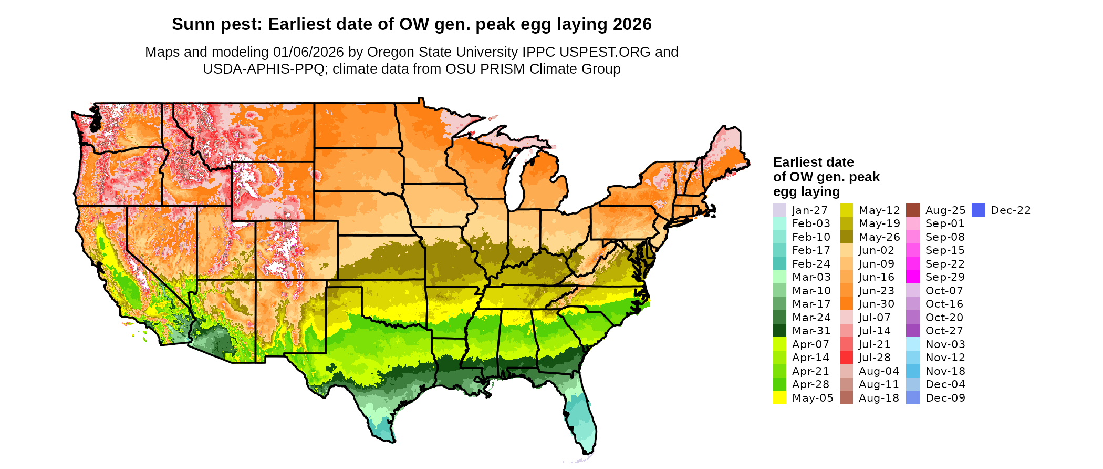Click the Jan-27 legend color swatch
pyautogui.click(x=779, y=210)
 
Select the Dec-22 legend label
pyautogui.click(x=1011, y=210)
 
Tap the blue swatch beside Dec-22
pyautogui.click(x=979, y=210)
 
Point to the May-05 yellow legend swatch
pyautogui.click(x=779, y=398)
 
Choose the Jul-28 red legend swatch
pyautogui.click(x=846, y=358)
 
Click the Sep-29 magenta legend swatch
pyautogui.click(x=913, y=277)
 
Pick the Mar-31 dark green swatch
pyautogui.click(x=779, y=331)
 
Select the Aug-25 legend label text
pyautogui.click(x=945, y=210)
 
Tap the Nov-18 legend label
pyautogui.click(x=945, y=371)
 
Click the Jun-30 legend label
pyautogui.click(x=877, y=304)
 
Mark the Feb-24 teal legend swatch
pyautogui.click(x=779, y=264)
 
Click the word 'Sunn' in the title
pyautogui.click(x=191, y=24)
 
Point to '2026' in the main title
pyautogui.click(x=634, y=24)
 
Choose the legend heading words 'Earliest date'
pyautogui.click(x=813, y=162)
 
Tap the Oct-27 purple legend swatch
pyautogui.click(x=913, y=331)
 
